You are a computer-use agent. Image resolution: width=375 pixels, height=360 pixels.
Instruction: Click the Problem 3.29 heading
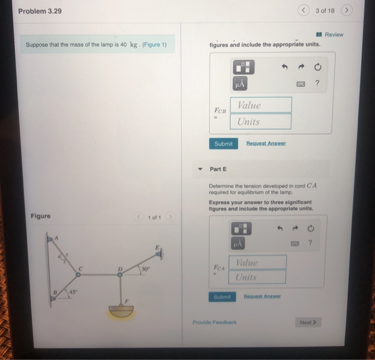(x=40, y=11)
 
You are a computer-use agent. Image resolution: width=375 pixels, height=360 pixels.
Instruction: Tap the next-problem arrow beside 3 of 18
(x=347, y=10)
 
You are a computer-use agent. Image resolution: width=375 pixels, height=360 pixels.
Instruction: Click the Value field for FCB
(x=261, y=105)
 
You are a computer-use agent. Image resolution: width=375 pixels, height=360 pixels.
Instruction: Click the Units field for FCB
(x=261, y=122)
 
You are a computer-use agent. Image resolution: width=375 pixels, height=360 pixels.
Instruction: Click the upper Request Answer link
(x=266, y=144)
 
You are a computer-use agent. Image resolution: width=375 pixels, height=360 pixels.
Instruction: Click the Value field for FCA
(x=258, y=262)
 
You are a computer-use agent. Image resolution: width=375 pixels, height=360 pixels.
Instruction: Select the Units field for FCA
(x=258, y=277)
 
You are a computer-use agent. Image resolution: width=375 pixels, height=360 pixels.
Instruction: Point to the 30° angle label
(x=145, y=268)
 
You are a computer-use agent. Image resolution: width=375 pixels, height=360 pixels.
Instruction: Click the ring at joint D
(x=120, y=274)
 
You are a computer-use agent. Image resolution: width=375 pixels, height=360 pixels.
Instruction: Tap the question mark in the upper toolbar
(x=317, y=83)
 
